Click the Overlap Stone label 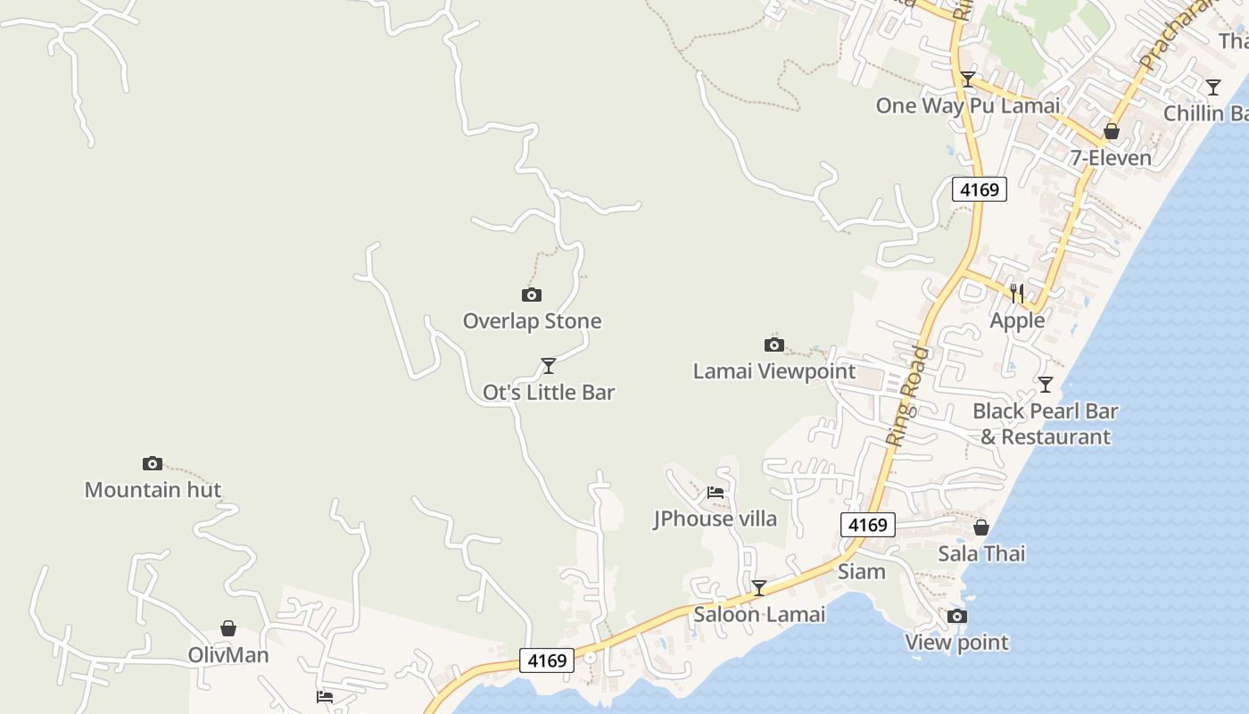point(532,321)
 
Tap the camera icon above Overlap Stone point(532,295)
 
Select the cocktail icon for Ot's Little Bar point(549,366)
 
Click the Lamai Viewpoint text point(773,371)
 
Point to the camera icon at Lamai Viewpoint point(774,345)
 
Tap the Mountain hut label point(153,490)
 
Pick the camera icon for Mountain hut point(153,463)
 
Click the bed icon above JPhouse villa point(715,492)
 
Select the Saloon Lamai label point(759,614)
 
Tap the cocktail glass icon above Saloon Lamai point(759,588)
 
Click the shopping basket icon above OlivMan point(228,628)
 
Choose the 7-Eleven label point(1111,158)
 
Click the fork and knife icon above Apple point(1017,293)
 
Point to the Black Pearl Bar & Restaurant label point(1046,424)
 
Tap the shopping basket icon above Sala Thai point(981,527)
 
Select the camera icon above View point point(957,616)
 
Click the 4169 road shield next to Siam point(867,525)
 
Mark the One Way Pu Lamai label point(968,105)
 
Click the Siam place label point(862,571)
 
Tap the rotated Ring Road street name point(908,395)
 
